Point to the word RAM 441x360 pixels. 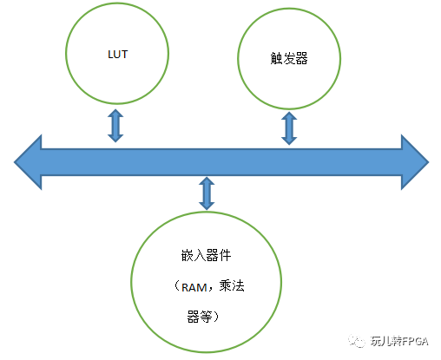(194, 289)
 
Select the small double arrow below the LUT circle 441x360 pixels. (115, 126)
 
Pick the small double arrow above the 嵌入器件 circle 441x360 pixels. (206, 193)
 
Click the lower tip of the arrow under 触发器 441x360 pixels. (289, 143)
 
